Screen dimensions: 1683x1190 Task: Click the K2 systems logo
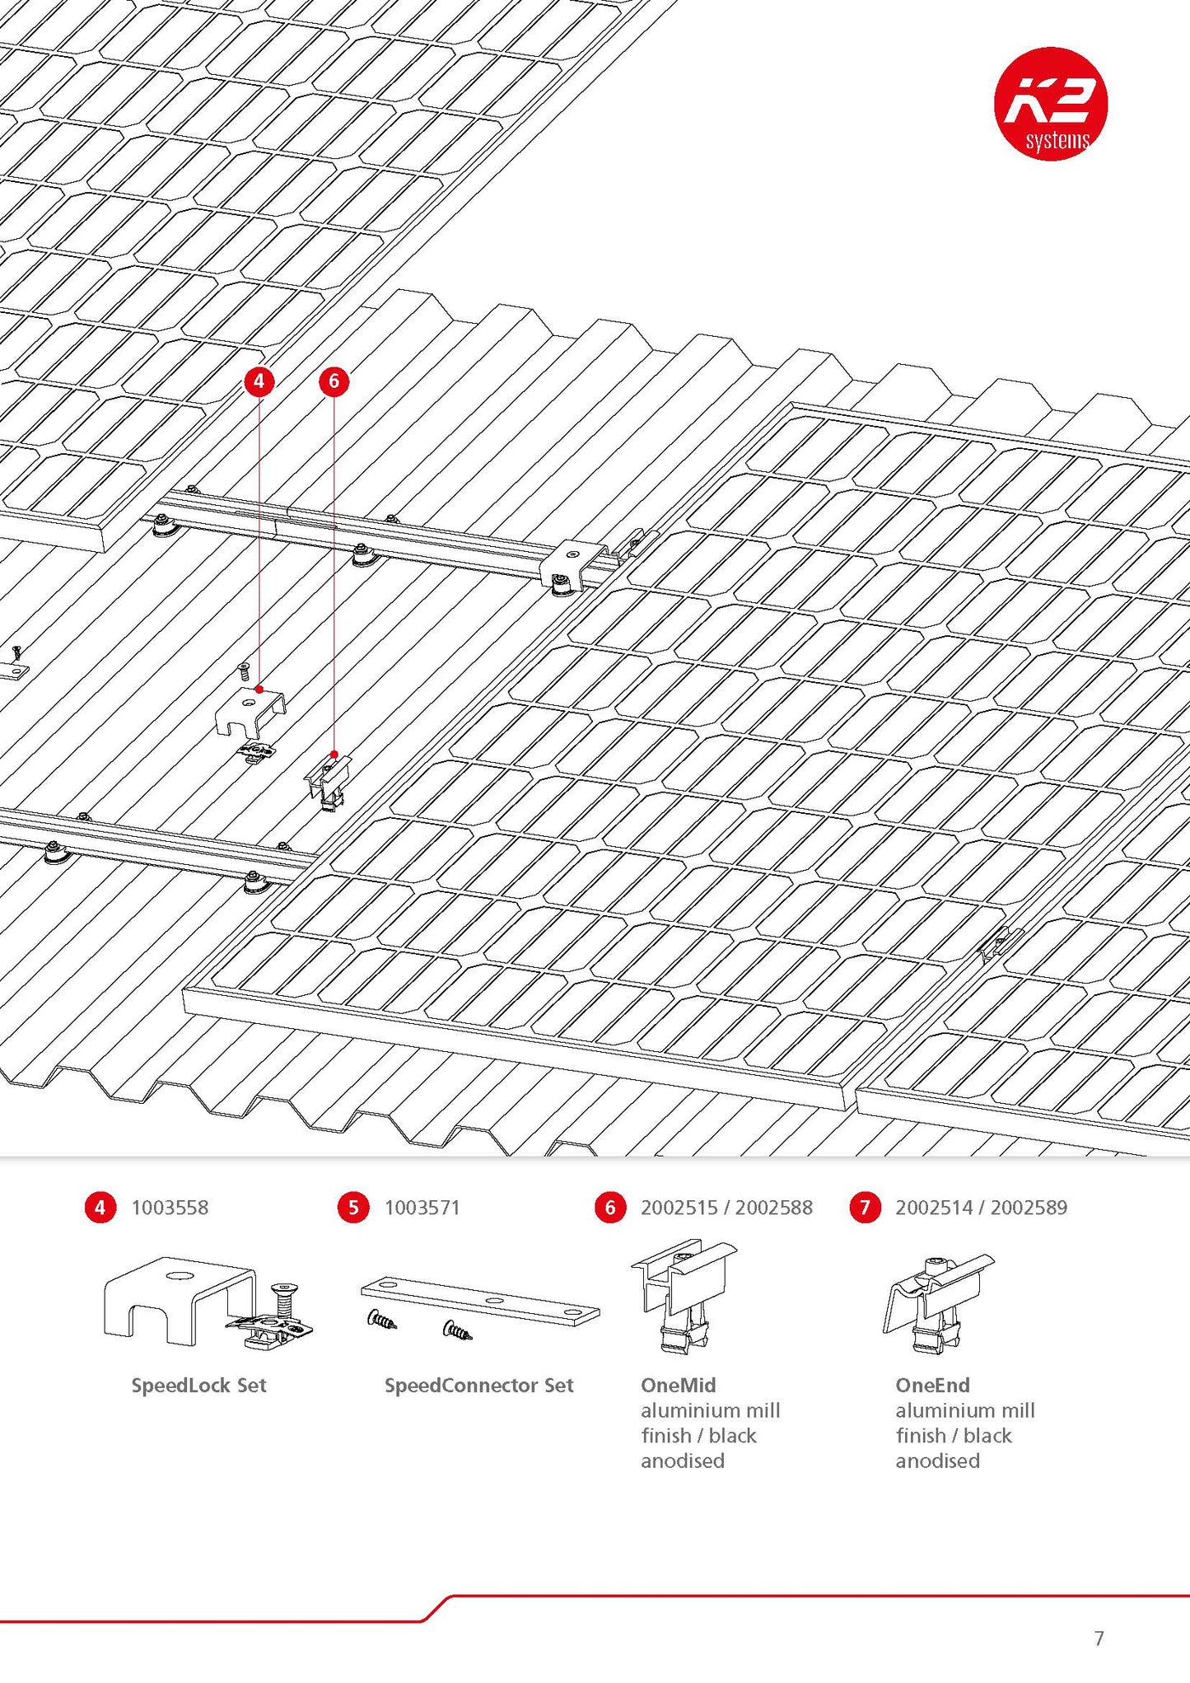tap(1050, 104)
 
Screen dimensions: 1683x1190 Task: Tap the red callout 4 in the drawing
tap(259, 381)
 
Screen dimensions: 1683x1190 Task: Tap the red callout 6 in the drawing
tap(334, 381)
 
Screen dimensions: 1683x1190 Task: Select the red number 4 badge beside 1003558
tap(100, 1208)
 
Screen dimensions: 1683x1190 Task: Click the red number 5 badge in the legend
tap(353, 1208)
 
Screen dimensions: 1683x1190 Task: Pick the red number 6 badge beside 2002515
tap(610, 1208)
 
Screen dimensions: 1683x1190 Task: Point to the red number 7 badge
tap(865, 1208)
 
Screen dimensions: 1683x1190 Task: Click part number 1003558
tap(170, 1208)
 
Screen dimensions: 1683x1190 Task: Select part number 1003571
tap(422, 1208)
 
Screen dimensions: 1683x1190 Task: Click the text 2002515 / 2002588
tap(726, 1208)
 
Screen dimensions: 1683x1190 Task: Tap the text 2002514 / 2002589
tap(981, 1208)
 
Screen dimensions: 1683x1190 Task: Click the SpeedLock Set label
tap(198, 1385)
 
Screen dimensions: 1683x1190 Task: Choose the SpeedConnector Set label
tap(478, 1385)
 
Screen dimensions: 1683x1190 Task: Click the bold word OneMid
tap(678, 1385)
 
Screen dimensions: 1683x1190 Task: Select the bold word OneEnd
tap(932, 1385)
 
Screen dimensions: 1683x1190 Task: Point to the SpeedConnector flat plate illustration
tap(480, 1300)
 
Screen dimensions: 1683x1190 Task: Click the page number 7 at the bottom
tap(1099, 1638)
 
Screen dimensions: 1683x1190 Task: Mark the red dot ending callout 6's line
tap(334, 754)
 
